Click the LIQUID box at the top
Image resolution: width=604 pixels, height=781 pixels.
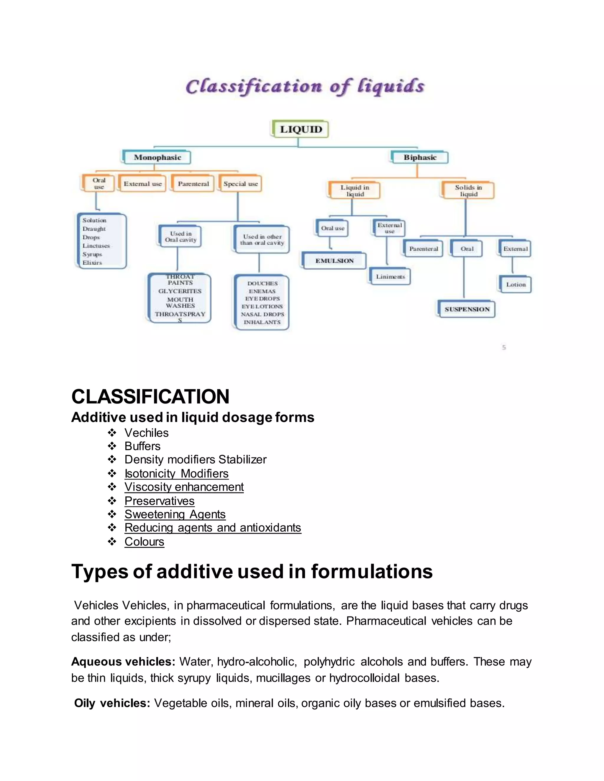300,129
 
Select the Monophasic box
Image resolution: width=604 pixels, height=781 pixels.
157,157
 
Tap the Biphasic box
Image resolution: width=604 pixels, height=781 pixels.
420,157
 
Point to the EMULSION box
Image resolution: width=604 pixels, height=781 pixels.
334,261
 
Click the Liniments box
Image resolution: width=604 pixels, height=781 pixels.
390,277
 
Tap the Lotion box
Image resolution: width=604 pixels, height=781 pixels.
516,285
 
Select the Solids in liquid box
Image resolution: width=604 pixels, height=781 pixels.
468,191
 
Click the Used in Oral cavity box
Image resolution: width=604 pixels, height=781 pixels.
180,237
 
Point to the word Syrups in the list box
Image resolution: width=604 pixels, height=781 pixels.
92,254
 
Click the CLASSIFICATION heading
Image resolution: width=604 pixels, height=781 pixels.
150,397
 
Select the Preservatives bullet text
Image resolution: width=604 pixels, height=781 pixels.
159,501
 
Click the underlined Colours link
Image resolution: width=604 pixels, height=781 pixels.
144,542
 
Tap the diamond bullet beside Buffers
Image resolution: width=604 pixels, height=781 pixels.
112,446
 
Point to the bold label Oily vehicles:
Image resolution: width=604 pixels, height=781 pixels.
112,703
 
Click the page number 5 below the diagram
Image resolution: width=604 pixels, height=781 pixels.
504,347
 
